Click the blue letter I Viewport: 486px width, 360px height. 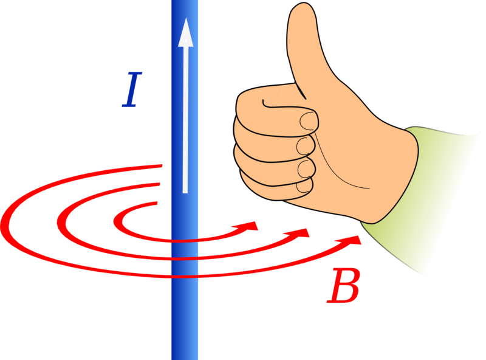pos(132,89)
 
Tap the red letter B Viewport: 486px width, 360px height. pos(344,286)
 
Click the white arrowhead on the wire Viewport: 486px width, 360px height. pos(186,32)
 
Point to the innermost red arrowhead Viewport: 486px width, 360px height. pos(248,226)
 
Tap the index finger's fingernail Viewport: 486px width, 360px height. pos(308,121)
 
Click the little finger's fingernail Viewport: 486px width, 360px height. pos(303,187)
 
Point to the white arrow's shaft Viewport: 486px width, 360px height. pos(185,120)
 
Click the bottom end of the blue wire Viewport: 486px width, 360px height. pos(185,359)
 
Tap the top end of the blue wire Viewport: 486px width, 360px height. pos(185,1)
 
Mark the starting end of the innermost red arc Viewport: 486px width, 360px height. pos(157,203)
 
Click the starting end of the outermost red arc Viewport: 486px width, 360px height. pos(162,166)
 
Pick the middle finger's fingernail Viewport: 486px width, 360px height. pos(305,146)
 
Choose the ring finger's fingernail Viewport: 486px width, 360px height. pos(306,168)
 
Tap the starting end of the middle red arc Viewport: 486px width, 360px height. pos(160,184)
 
